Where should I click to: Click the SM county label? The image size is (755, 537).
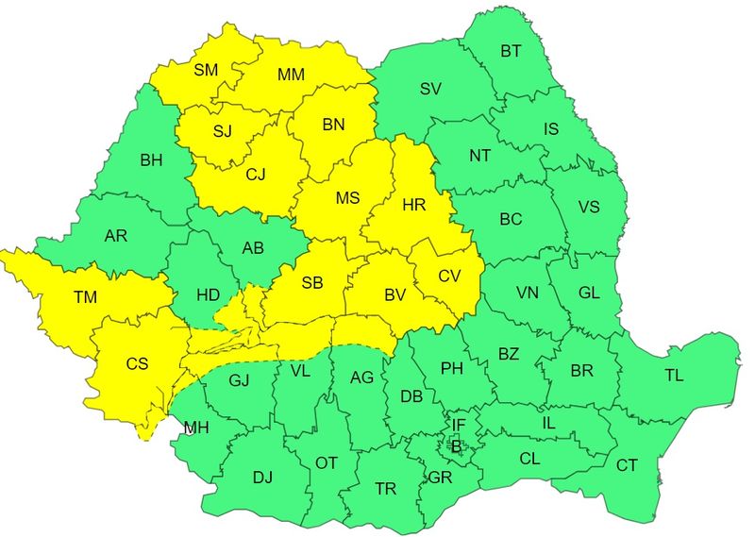(x=206, y=69)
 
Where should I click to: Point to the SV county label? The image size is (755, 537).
(x=430, y=89)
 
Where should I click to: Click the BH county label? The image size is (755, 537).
(x=151, y=160)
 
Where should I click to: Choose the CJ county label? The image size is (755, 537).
(x=256, y=174)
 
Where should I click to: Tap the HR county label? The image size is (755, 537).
(x=414, y=204)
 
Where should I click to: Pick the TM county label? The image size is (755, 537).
(x=86, y=298)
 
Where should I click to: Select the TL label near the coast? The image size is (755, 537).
(x=674, y=376)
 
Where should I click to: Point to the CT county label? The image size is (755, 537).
(x=627, y=464)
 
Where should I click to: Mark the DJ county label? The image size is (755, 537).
(x=262, y=478)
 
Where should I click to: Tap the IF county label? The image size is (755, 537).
(x=459, y=427)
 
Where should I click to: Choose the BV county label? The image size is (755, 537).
(x=394, y=295)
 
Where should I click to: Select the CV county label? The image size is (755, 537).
(x=449, y=277)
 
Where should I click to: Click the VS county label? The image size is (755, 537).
(x=589, y=208)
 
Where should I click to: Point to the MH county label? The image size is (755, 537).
(x=196, y=428)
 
